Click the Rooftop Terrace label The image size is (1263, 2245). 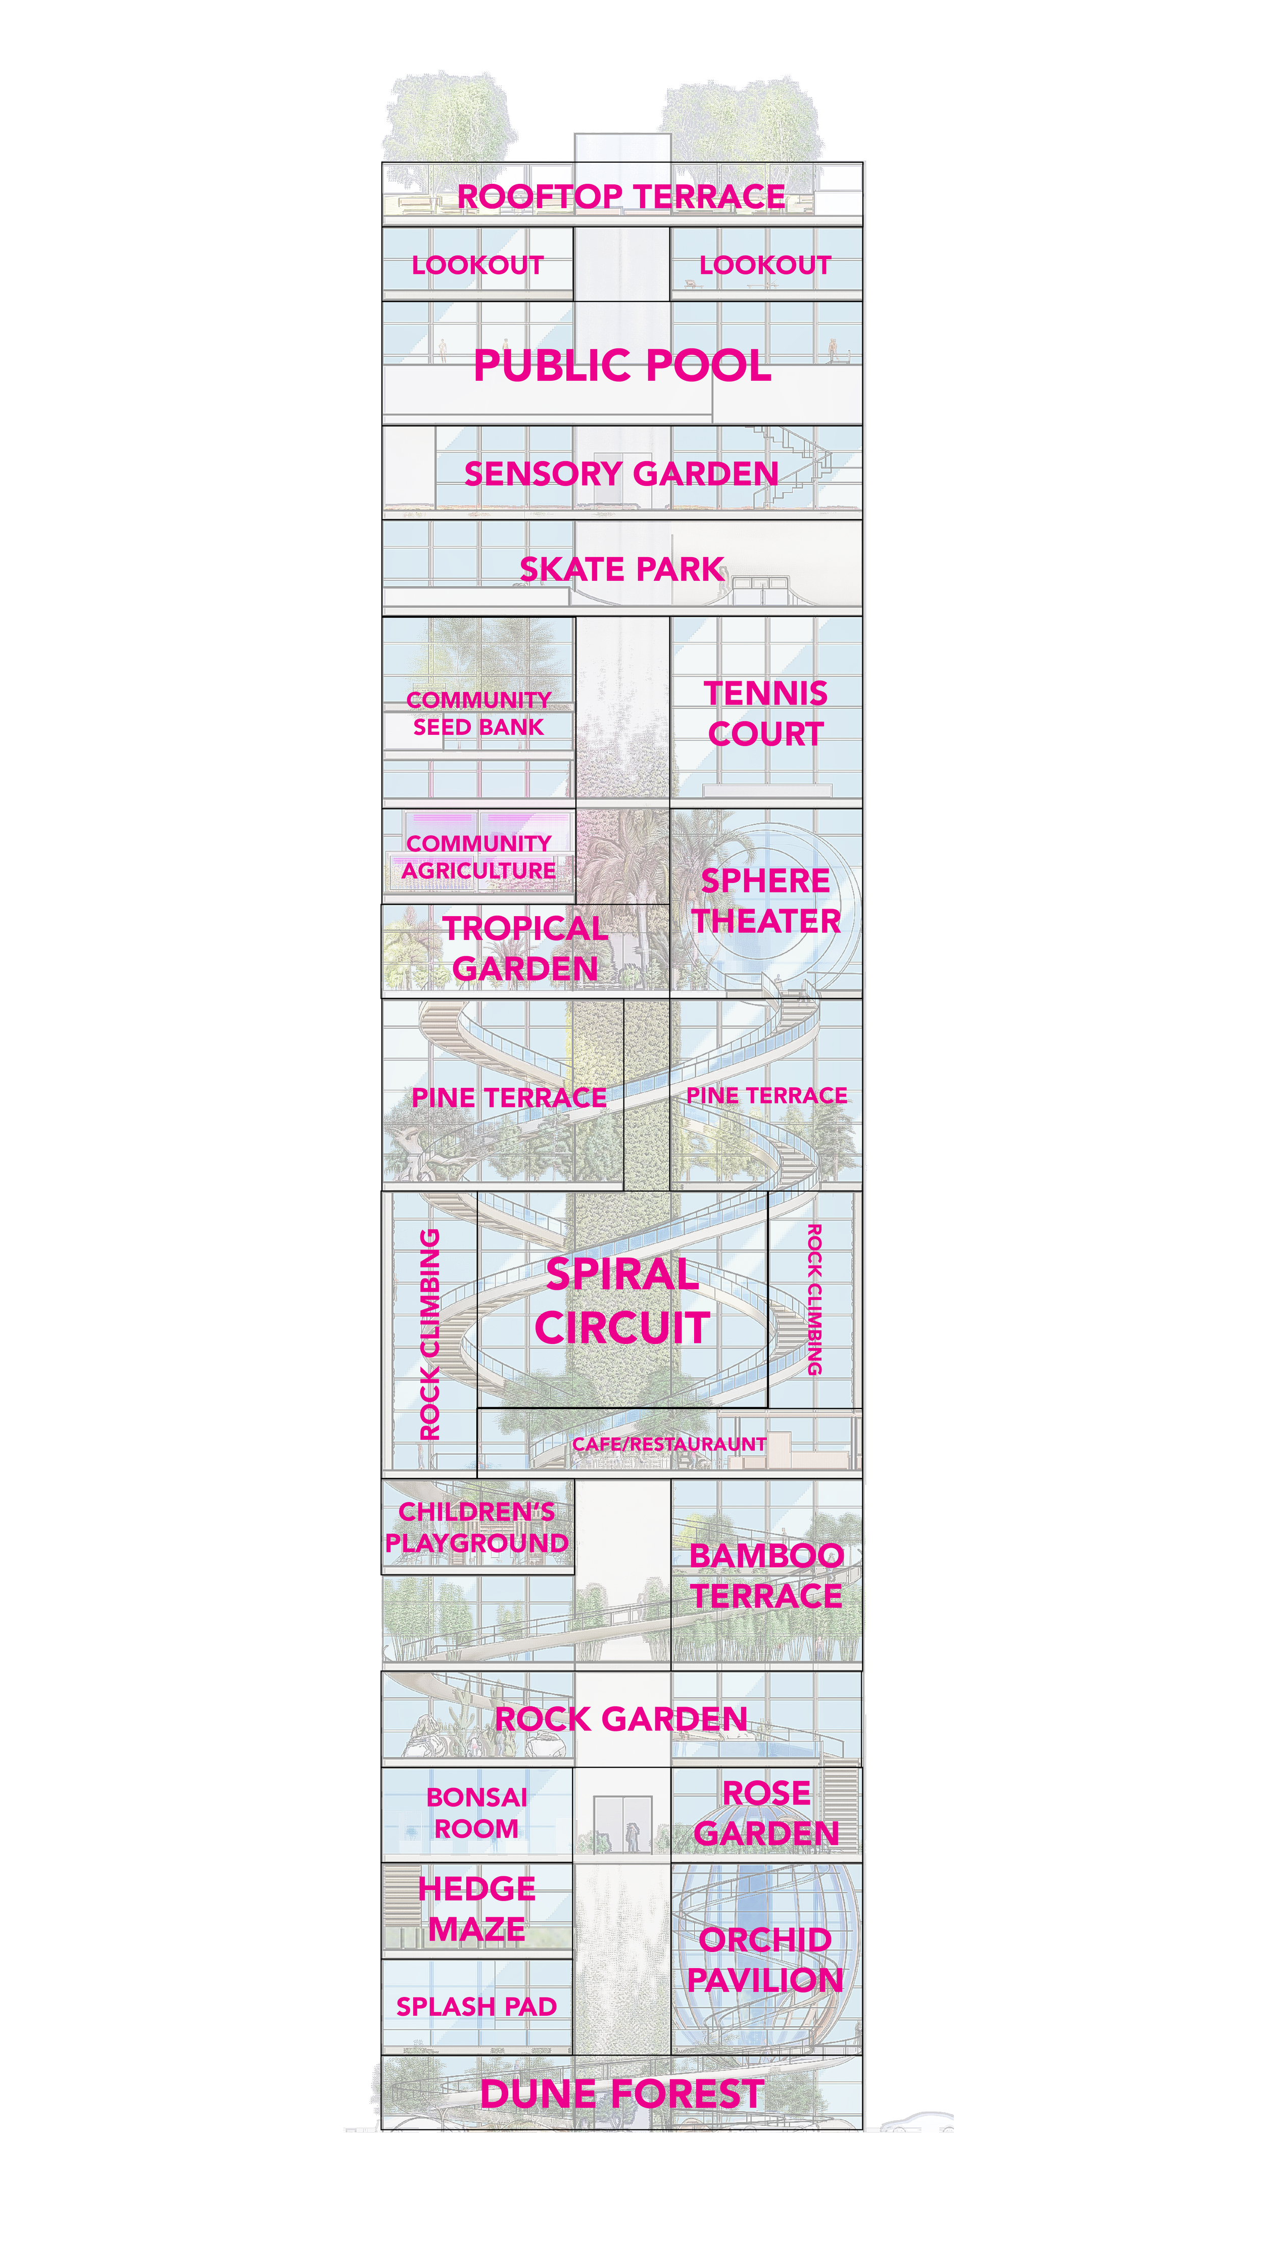click(x=620, y=197)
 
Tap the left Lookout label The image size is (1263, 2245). click(x=477, y=265)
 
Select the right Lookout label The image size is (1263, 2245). click(x=765, y=265)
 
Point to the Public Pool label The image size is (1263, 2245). click(x=621, y=365)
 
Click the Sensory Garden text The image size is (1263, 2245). click(x=620, y=474)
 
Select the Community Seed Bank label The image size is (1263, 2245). click(x=478, y=713)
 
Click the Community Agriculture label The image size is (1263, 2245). click(x=478, y=857)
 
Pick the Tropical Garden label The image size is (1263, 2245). click(x=525, y=948)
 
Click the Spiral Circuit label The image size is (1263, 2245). click(x=621, y=1301)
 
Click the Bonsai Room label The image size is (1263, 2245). click(x=477, y=1813)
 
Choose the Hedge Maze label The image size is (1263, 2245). click(x=477, y=1909)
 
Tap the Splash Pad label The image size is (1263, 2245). click(x=477, y=2006)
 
